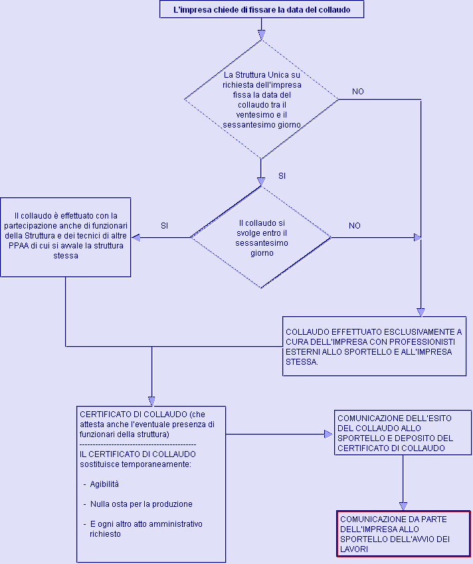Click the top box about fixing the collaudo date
262,9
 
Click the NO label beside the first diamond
358,92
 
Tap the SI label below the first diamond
282,176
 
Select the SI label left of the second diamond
164,226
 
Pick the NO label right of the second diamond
355,226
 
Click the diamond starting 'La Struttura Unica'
262,99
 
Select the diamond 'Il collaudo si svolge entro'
261,237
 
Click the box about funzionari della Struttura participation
66,237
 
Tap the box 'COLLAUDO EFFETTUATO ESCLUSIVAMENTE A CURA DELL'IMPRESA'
375,346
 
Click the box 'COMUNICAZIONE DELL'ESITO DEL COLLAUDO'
403,432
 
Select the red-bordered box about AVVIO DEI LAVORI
404,534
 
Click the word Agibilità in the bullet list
104,484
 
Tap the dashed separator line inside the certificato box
138,444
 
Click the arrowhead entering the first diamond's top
262,35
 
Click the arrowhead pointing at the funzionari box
136,237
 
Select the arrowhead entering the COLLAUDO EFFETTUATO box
421,312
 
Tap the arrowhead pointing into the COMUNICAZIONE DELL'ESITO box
329,434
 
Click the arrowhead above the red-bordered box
403,506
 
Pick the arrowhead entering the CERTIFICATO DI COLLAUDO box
151,402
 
